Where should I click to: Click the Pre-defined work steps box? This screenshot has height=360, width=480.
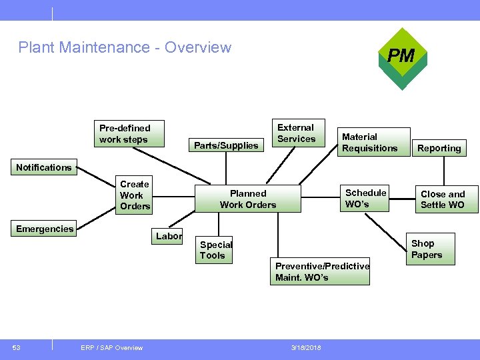[x=129, y=133]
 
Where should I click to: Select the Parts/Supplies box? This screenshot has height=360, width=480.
[x=225, y=145]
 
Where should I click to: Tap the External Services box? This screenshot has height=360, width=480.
[x=296, y=133]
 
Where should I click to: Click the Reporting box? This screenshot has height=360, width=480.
[x=439, y=148]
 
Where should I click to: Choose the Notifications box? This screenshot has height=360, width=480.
[x=44, y=167]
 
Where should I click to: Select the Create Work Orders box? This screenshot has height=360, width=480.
[x=135, y=195]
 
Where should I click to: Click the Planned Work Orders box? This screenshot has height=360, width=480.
[x=248, y=199]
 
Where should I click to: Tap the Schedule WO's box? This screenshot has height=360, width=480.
[x=365, y=198]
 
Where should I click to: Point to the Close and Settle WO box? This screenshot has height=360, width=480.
[x=443, y=199]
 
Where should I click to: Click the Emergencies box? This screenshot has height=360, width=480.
[x=45, y=229]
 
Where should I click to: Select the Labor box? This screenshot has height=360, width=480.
[x=169, y=236]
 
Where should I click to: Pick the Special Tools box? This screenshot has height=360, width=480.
[x=215, y=250]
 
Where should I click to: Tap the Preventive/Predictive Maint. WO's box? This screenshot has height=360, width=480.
[x=320, y=271]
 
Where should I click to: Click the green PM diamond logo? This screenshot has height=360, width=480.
[x=401, y=57]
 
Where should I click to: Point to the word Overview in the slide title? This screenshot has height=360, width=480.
[x=197, y=47]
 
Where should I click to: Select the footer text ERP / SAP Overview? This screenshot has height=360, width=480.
[x=111, y=347]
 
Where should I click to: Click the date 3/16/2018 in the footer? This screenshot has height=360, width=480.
[x=306, y=347]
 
